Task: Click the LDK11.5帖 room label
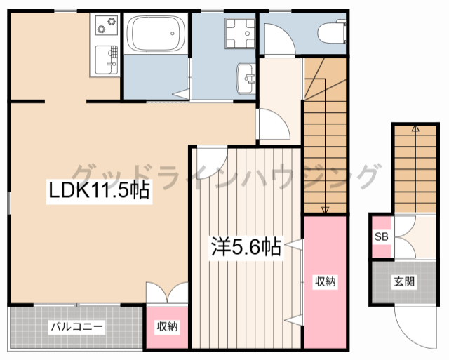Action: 98,190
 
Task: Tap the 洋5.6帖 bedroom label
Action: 246,247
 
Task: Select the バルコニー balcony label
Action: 76,326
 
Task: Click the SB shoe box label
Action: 381,236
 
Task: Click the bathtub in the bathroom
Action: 156,34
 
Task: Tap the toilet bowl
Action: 330,32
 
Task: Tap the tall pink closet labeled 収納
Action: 324,282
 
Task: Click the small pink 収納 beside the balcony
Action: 166,326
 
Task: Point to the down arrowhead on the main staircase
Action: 325,208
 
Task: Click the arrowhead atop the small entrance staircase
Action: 415,128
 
